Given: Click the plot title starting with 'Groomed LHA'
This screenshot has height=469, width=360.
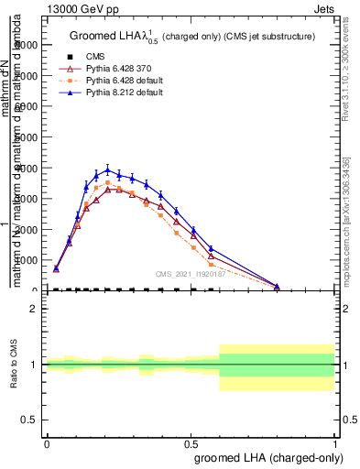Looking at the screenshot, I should coord(192,37).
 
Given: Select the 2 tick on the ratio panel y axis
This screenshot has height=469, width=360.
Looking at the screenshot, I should coord(34,309).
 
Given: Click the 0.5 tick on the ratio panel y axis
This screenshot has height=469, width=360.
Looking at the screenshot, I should coord(30,420).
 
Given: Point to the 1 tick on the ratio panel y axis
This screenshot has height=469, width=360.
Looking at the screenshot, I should coord(34,365).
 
